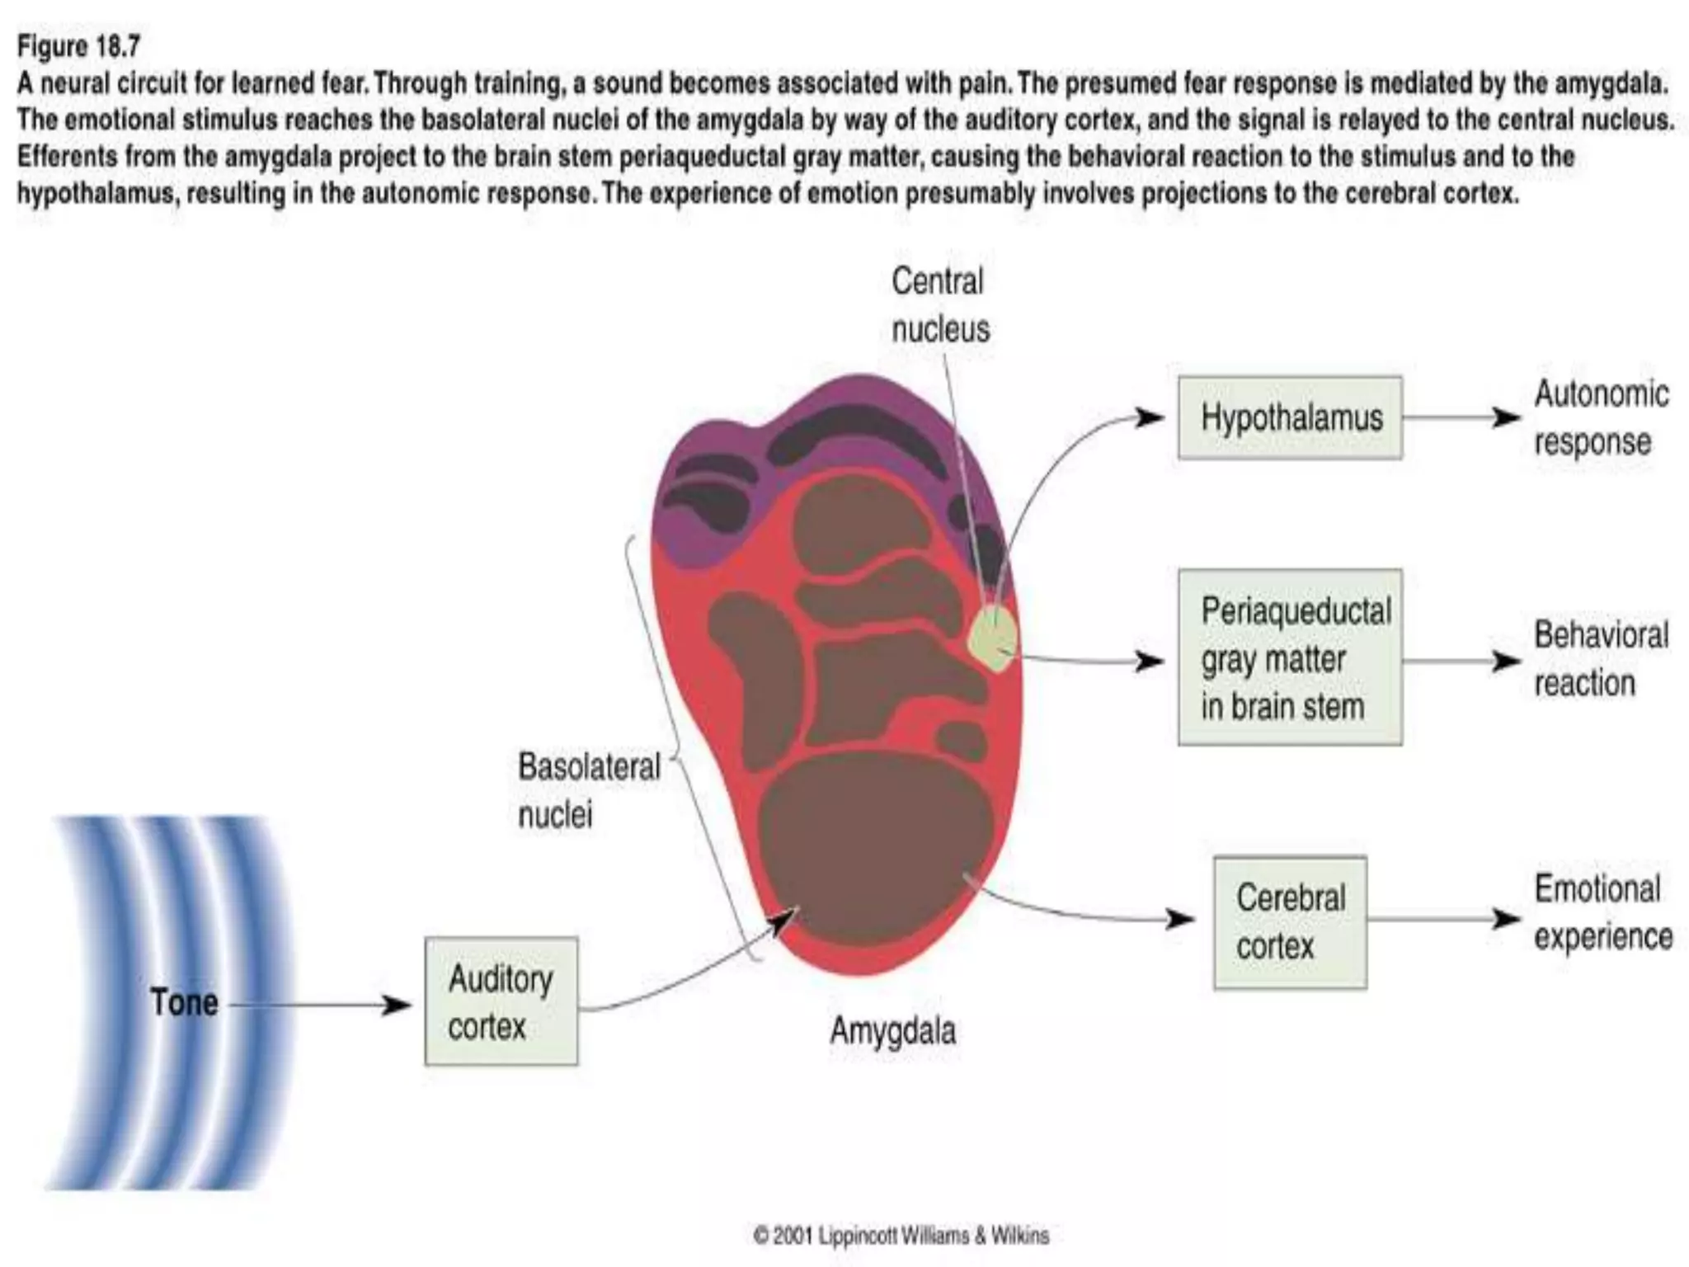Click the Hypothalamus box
[x=1290, y=417]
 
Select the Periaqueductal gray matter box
[x=1290, y=657]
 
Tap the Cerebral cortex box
[x=1290, y=921]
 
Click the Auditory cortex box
[x=501, y=1001]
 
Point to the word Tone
[x=184, y=1002]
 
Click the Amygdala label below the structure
[x=892, y=1031]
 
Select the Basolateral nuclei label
[x=588, y=789]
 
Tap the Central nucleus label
[x=939, y=305]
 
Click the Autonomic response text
[x=1600, y=417]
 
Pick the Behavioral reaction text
[x=1600, y=658]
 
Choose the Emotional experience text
[x=1602, y=912]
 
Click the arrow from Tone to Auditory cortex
[x=322, y=1005]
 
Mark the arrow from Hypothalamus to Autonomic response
[x=1461, y=417]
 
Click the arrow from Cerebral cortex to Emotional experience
[x=1443, y=919]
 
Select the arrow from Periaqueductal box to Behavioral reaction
[x=1461, y=661]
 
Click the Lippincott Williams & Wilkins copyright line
[x=901, y=1236]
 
